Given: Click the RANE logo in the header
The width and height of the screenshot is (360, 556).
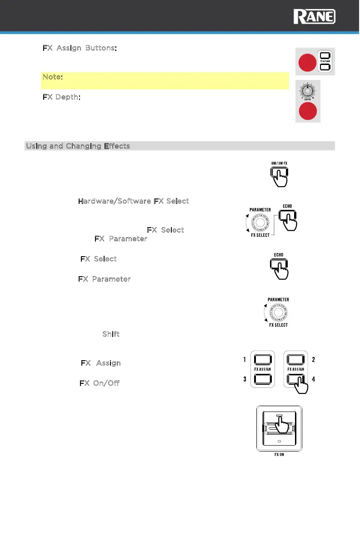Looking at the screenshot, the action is (315, 17).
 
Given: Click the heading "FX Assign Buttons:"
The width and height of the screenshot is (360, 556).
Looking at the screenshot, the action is (80, 48).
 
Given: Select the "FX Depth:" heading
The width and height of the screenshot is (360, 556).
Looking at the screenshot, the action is (62, 98).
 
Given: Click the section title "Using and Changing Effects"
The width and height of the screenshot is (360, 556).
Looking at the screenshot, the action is (78, 146).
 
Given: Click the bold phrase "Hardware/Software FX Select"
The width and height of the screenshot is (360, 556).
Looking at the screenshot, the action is (134, 201).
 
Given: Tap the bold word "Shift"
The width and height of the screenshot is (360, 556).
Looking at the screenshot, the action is (111, 334).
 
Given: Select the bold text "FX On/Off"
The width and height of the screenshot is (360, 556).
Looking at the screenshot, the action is (100, 383).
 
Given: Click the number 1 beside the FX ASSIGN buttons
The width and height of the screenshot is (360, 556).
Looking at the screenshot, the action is (245, 360).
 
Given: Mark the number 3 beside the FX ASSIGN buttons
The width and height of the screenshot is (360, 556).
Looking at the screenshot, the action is (245, 379).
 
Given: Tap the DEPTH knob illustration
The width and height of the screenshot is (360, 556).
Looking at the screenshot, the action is (308, 90).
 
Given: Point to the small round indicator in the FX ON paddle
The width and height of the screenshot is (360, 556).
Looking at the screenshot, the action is (279, 441).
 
